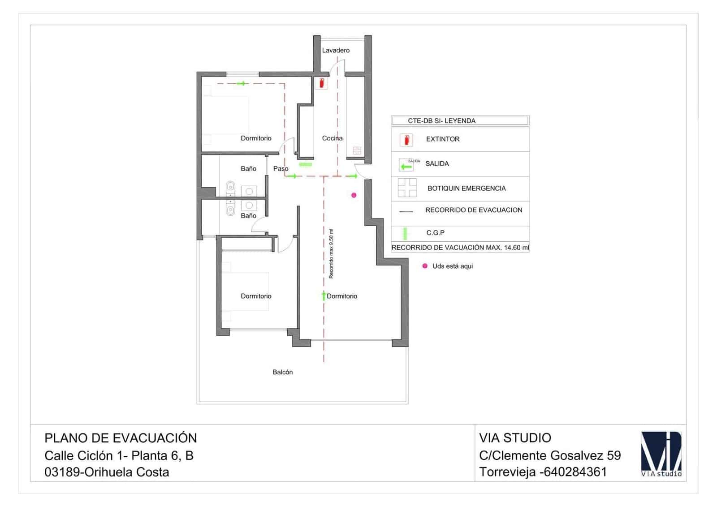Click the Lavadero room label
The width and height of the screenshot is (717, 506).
pyautogui.click(x=336, y=51)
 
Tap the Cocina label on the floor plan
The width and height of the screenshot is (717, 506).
pyautogui.click(x=332, y=138)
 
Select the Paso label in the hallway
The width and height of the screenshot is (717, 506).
pyautogui.click(x=281, y=169)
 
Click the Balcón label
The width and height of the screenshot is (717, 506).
pyautogui.click(x=283, y=372)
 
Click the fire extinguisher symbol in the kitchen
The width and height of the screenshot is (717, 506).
pyautogui.click(x=321, y=83)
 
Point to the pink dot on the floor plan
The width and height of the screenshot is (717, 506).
pyautogui.click(x=354, y=195)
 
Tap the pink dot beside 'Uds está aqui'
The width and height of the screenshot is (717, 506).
pyautogui.click(x=425, y=266)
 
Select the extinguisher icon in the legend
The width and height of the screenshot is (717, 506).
pyautogui.click(x=406, y=140)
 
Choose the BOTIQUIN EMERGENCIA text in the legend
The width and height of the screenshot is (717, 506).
pyautogui.click(x=466, y=189)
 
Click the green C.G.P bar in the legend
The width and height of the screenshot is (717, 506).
pyautogui.click(x=405, y=233)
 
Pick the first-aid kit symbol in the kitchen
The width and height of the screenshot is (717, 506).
pyautogui.click(x=357, y=150)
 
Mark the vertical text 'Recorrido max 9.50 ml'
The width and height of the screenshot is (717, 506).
pyautogui.click(x=331, y=254)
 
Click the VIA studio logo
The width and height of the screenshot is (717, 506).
pyautogui.click(x=661, y=454)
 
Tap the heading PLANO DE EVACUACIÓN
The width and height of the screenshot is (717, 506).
pyautogui.click(x=121, y=438)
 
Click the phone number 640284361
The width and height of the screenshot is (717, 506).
pyautogui.click(x=575, y=472)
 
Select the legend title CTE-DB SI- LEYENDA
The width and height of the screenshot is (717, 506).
pyautogui.click(x=441, y=121)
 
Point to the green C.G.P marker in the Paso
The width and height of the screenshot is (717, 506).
pyautogui.click(x=305, y=164)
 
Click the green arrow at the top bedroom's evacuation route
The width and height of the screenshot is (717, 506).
pyautogui.click(x=242, y=83)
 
